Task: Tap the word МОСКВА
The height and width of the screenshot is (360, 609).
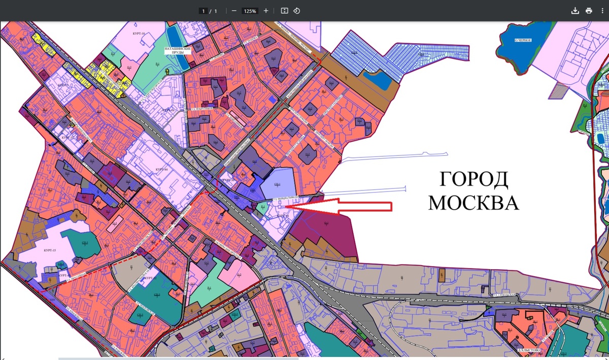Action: click(473, 202)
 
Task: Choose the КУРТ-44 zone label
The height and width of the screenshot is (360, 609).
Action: click(161, 169)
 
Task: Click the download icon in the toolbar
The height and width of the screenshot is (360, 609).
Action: click(575, 11)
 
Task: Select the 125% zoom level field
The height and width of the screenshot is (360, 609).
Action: click(250, 11)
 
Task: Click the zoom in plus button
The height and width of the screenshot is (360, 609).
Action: click(266, 11)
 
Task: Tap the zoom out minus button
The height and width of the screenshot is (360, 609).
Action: click(234, 11)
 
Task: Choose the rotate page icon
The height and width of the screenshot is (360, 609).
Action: click(297, 11)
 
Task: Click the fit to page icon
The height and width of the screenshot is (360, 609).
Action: click(284, 11)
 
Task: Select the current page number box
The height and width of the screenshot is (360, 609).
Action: click(204, 11)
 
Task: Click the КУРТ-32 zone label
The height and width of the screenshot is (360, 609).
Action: click(149, 278)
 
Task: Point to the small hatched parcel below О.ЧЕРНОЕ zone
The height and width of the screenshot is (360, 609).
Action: click(558, 91)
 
